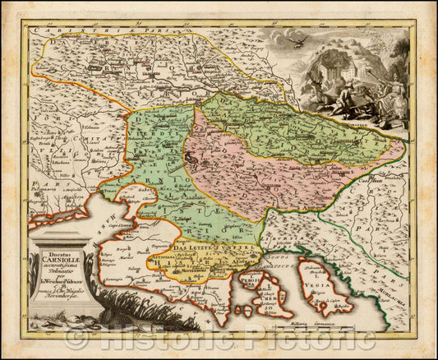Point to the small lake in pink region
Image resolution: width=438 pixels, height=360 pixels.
click(215, 173)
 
